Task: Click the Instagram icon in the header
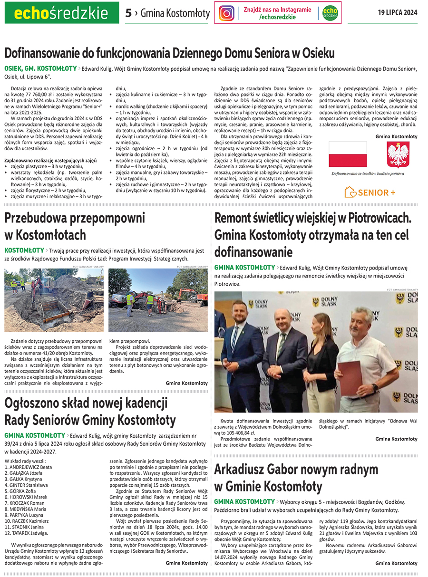pyautogui.click(x=226, y=13)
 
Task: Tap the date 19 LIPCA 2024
pyautogui.click(x=398, y=13)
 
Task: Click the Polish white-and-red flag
pyautogui.click(x=348, y=154)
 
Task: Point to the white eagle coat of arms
pyautogui.click(x=398, y=154)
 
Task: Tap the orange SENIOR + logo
pyautogui.click(x=370, y=192)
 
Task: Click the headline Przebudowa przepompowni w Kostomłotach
pyautogui.click(x=75, y=227)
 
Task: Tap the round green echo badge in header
pyautogui.click(x=330, y=13)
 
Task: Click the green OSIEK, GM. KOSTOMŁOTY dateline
pyautogui.click(x=40, y=68)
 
